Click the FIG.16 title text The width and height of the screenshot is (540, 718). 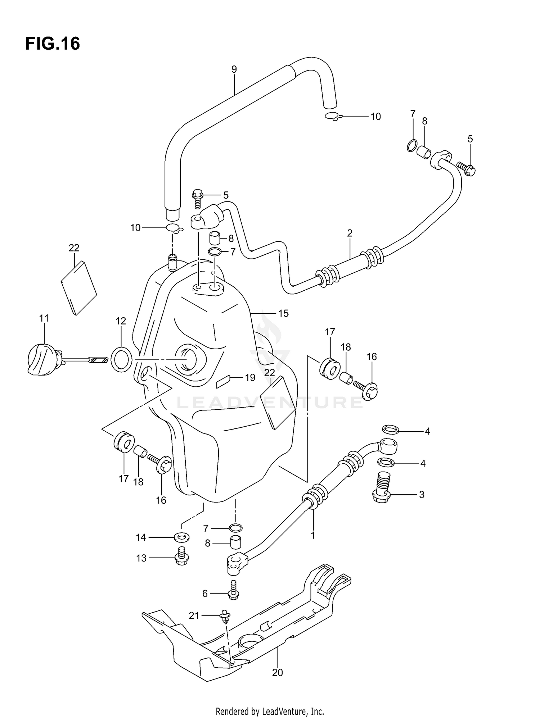[x=53, y=44]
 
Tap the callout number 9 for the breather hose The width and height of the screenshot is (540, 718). [x=234, y=69]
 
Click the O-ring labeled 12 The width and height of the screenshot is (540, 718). [x=122, y=359]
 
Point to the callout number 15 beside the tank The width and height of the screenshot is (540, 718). [x=283, y=313]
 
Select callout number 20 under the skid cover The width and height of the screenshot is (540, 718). [x=278, y=672]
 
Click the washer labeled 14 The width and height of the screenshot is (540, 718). [x=182, y=538]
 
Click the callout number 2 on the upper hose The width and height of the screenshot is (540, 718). [x=350, y=233]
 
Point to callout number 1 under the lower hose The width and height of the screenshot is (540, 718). [x=313, y=545]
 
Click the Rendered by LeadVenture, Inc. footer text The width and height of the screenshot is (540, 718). [x=270, y=711]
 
